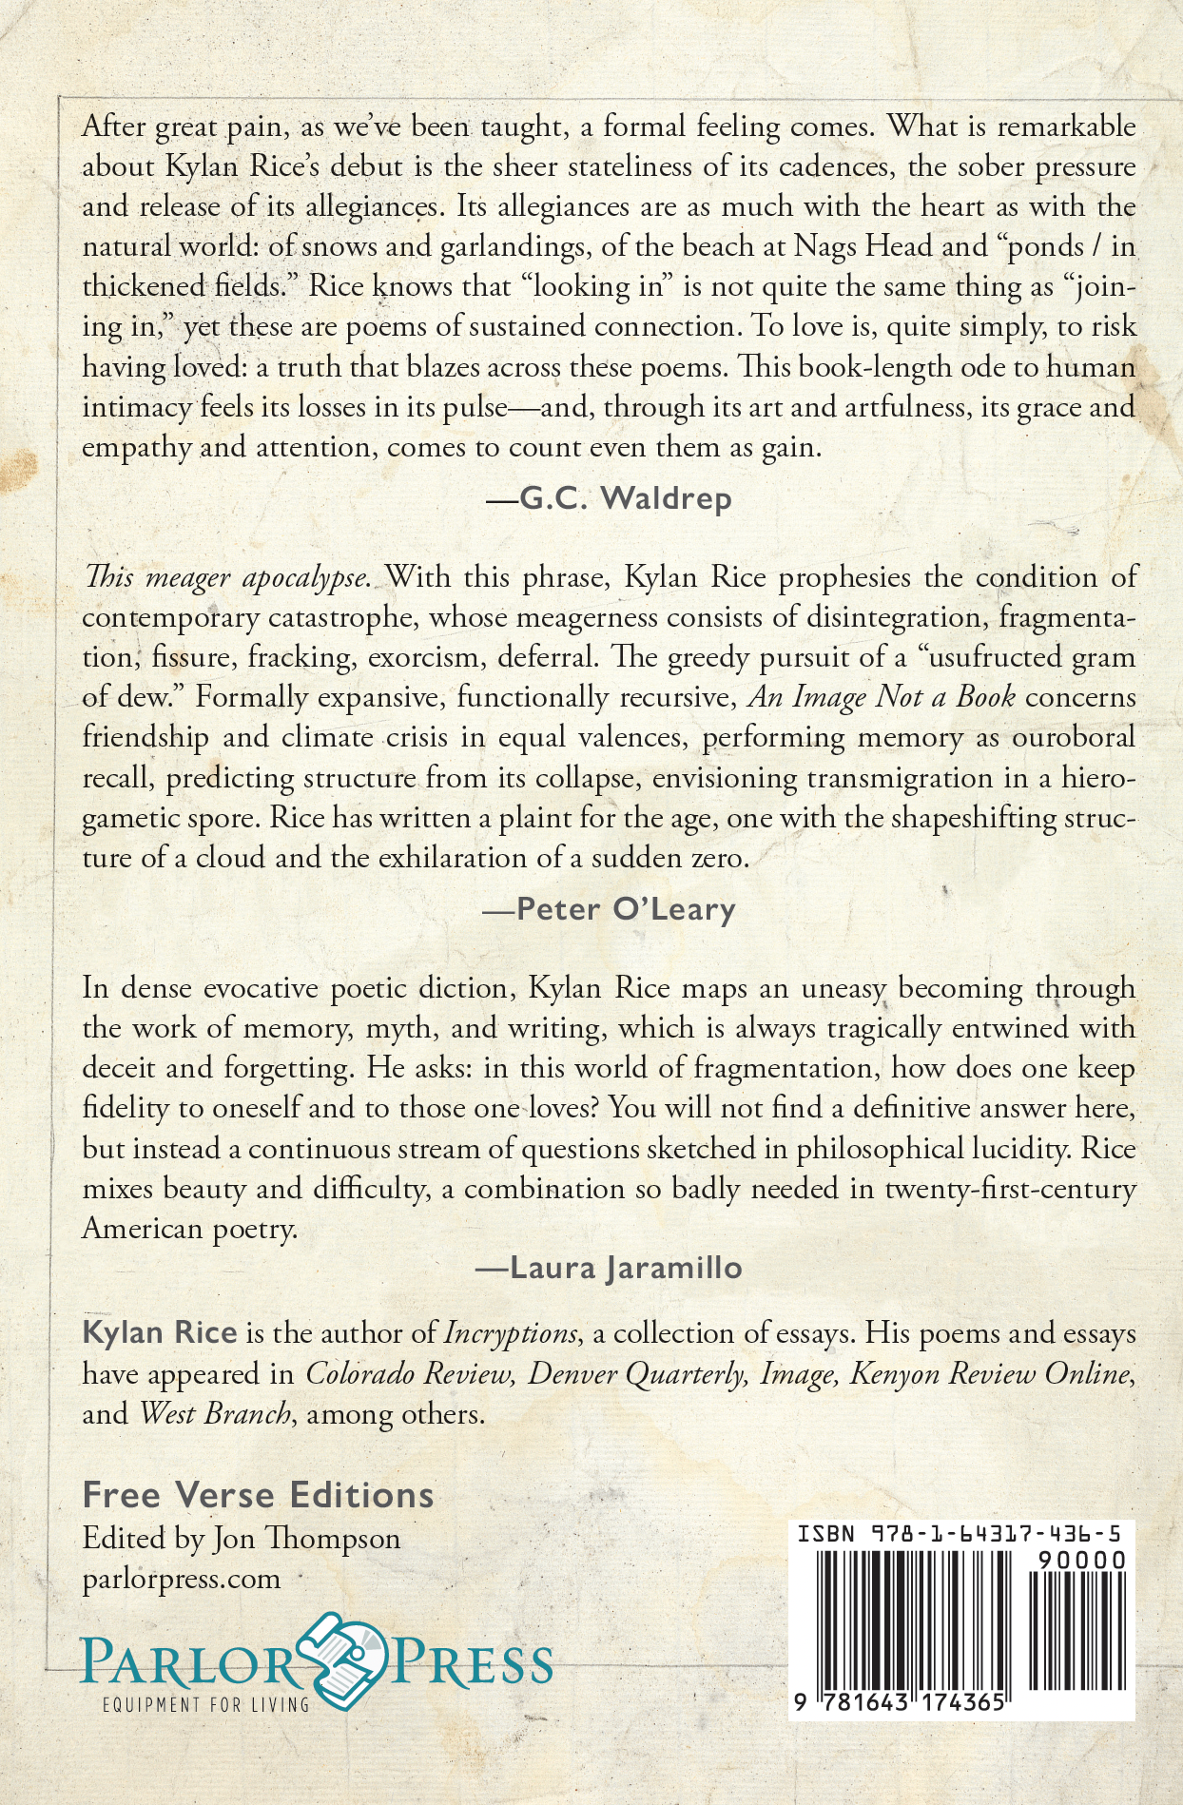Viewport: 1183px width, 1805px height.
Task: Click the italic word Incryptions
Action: coord(511,1333)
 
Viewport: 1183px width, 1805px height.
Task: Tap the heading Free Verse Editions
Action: coord(258,1495)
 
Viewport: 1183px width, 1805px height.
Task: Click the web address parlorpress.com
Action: coord(182,1579)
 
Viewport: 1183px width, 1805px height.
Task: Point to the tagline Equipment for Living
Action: coord(205,1704)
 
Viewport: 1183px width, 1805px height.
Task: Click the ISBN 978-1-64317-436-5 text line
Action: coord(960,1533)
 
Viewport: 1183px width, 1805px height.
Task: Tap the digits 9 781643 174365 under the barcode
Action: coord(900,1702)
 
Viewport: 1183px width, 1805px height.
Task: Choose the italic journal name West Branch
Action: coord(215,1413)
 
